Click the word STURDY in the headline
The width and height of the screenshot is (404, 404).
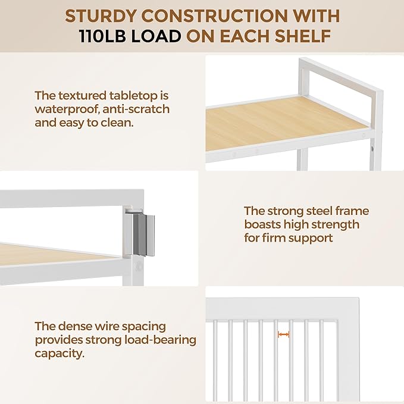pos(100,16)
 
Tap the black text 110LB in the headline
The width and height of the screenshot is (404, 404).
pos(102,36)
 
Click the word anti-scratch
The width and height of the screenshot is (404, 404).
pos(136,109)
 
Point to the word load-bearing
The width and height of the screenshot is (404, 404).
pos(160,340)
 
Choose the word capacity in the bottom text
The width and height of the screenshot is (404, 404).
pos(59,353)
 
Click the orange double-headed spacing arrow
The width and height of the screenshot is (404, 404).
pos(283,334)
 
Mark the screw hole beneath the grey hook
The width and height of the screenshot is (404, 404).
pos(139,266)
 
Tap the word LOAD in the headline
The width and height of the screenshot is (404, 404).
pos(156,36)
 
